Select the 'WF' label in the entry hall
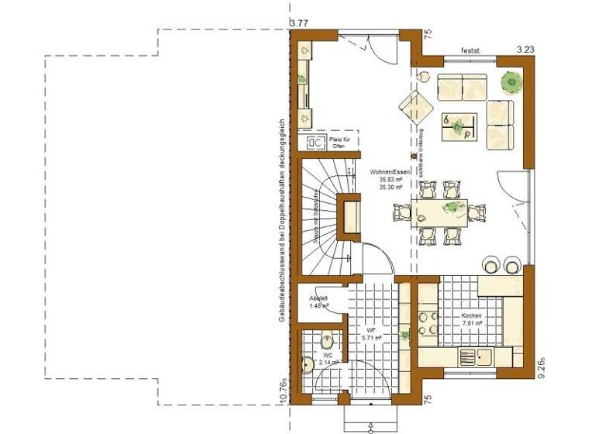[x=371, y=329]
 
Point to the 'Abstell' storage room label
[x=318, y=298]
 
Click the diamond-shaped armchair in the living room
[x=416, y=107]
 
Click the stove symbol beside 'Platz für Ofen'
[x=315, y=143]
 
